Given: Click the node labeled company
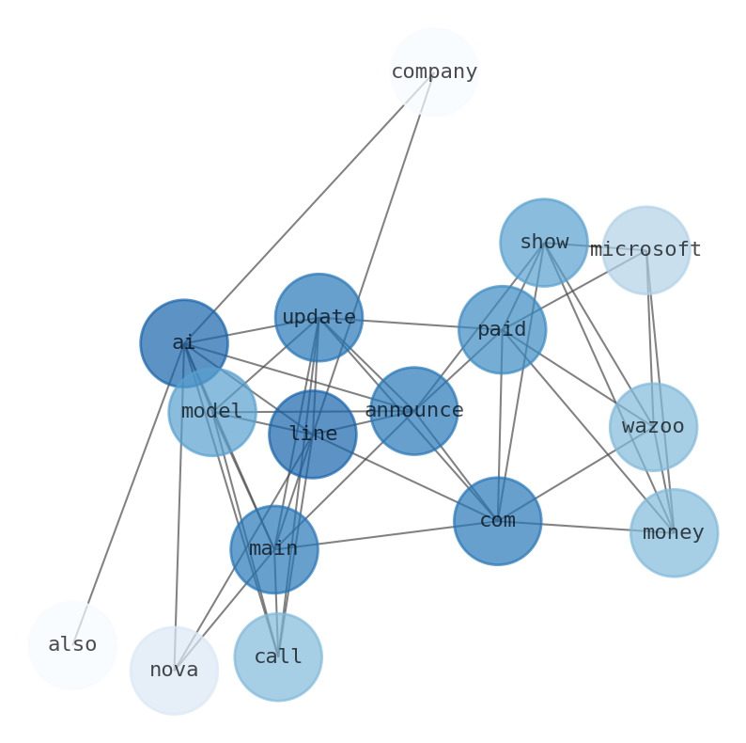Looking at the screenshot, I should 434,71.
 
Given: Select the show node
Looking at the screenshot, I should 544,243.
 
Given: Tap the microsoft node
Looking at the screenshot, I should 646,250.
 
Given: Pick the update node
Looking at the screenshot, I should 319,318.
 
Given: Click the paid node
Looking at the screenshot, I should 502,330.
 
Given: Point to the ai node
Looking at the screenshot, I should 184,343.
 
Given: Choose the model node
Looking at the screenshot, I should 212,412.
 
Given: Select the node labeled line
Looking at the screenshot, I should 313,435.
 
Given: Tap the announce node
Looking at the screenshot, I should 414,411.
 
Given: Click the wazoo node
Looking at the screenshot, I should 653,427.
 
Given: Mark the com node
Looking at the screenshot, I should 498,521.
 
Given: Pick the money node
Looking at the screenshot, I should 674,533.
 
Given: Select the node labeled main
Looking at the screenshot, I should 274,549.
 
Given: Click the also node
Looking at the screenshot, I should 72,645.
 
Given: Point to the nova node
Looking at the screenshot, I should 175,671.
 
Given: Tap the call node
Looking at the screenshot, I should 278,657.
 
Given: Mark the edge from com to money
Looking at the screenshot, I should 586,527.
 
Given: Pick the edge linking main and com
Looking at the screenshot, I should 386,535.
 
